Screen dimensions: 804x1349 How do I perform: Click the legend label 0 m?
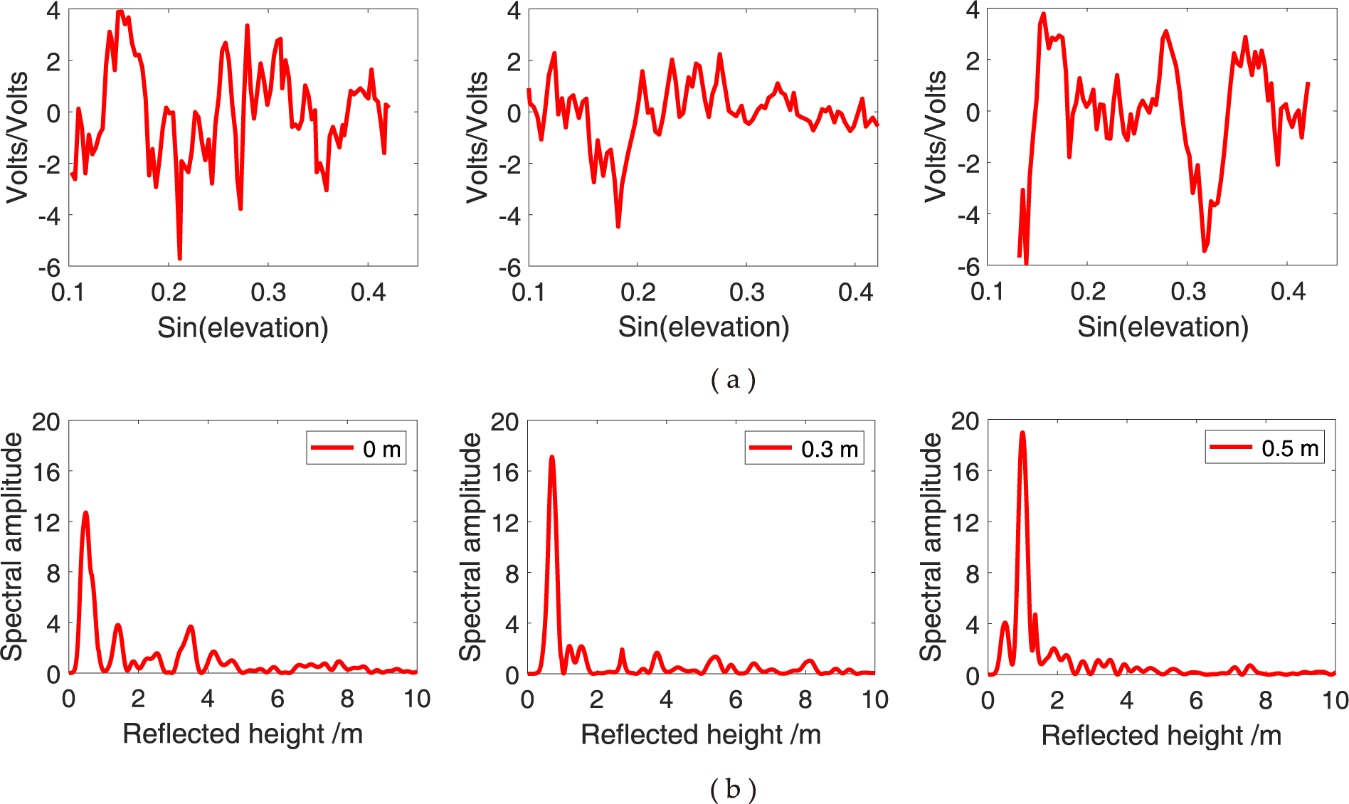click(381, 449)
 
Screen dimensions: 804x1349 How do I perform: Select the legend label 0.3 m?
click(829, 449)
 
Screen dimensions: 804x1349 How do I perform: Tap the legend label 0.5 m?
click(1289, 448)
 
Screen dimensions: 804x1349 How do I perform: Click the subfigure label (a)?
click(733, 379)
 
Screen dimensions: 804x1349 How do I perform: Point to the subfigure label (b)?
click(733, 788)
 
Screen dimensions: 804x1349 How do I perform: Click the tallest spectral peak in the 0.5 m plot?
click(1022, 433)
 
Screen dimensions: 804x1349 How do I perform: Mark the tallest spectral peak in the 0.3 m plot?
click(551, 457)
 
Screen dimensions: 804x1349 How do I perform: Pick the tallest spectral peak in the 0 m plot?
click(86, 512)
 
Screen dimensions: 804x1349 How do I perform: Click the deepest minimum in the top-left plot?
click(179, 258)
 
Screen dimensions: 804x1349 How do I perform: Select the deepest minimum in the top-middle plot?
click(618, 226)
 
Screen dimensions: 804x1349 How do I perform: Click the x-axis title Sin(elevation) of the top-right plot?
click(1163, 327)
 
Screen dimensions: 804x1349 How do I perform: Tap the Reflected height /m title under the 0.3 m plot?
click(701, 734)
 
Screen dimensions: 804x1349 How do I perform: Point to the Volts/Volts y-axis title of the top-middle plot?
click(477, 137)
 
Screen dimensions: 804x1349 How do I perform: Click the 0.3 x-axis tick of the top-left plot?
click(268, 292)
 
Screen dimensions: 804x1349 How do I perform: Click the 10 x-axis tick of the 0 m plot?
click(417, 699)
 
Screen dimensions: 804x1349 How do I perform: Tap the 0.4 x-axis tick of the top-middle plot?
click(855, 292)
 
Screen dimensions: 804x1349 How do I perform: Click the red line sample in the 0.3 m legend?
click(771, 448)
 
